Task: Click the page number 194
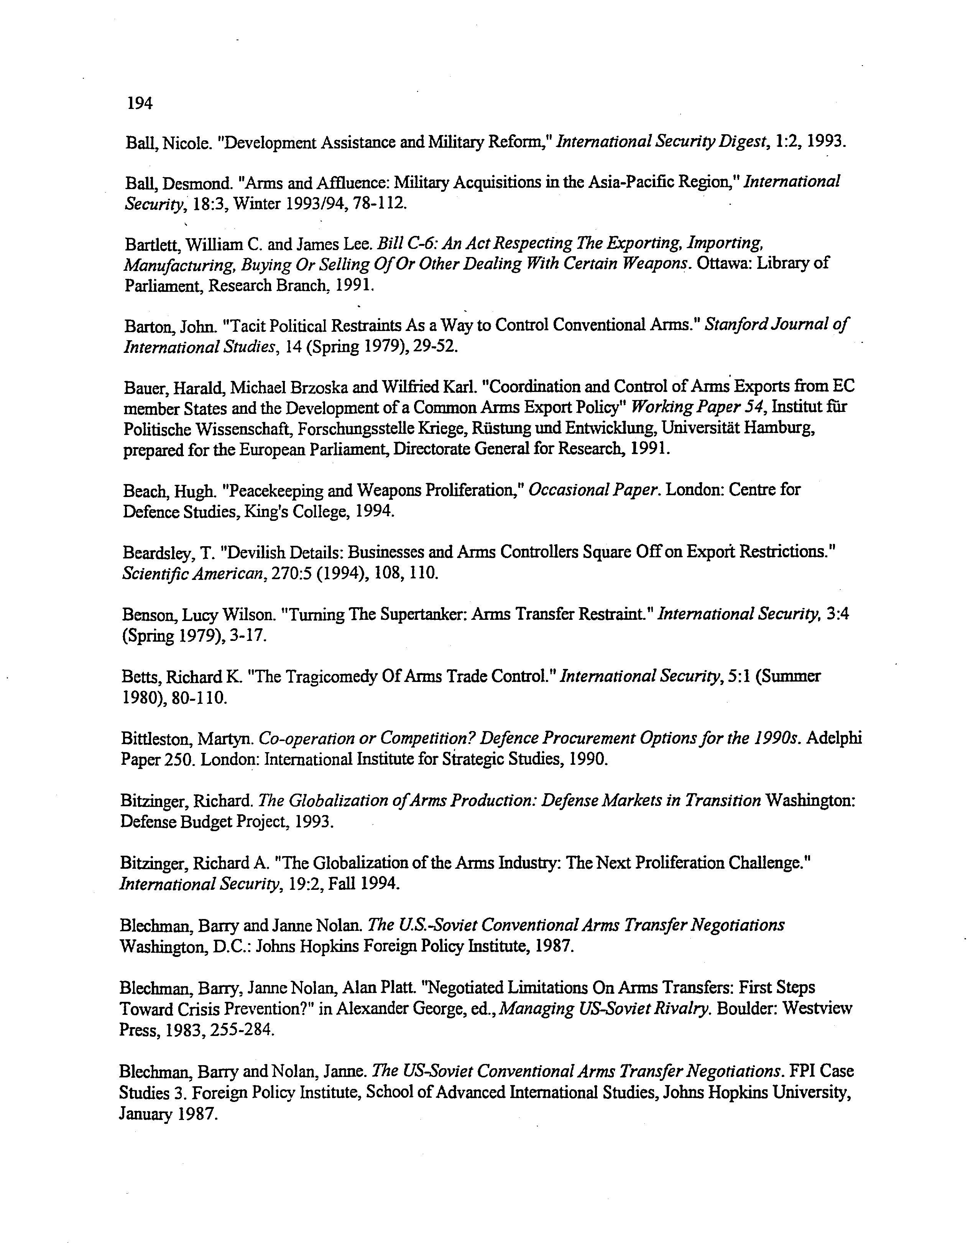tap(139, 103)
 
